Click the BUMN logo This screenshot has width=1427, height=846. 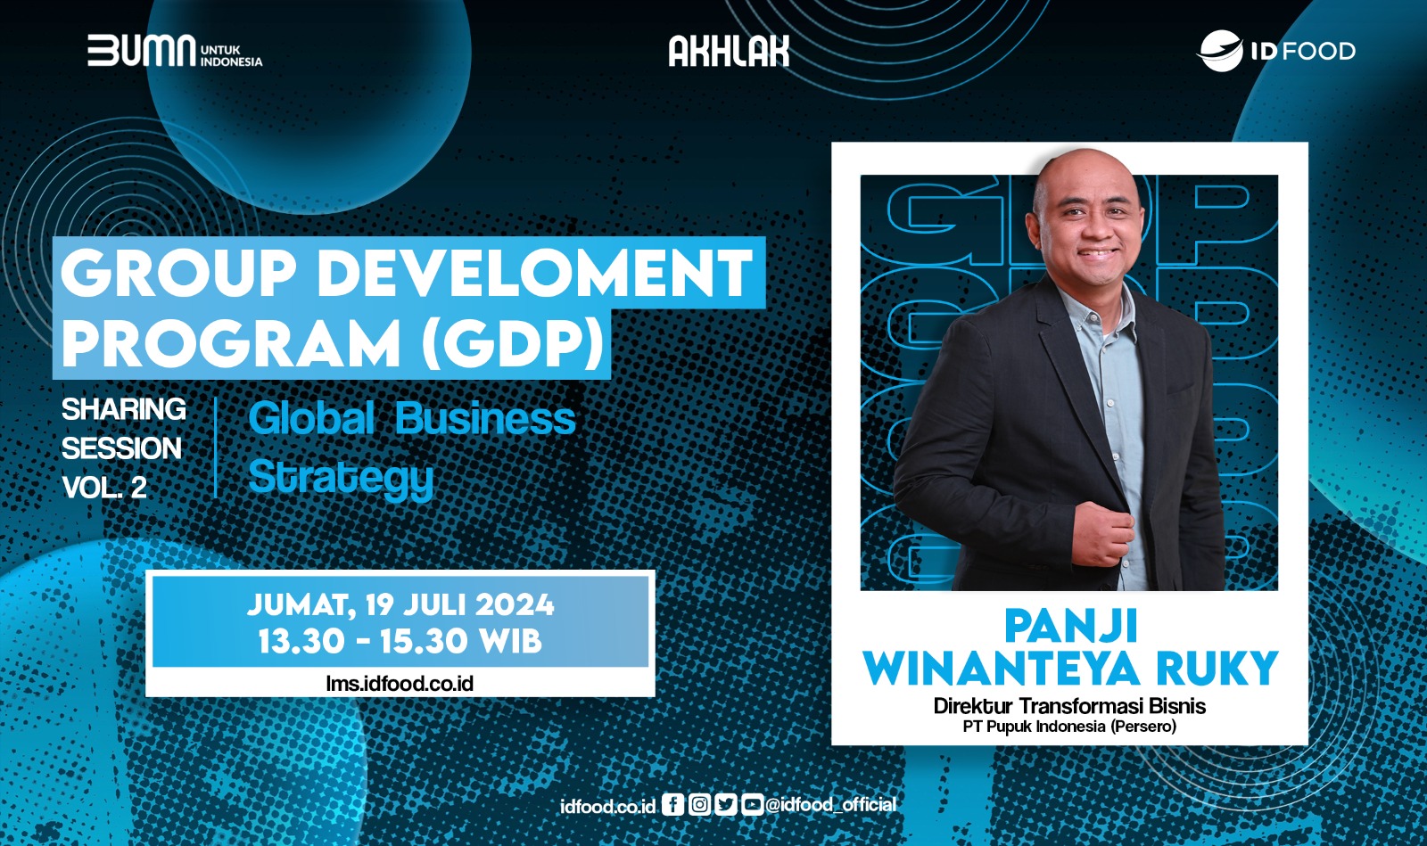[175, 51]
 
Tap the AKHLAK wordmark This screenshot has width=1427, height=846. [729, 51]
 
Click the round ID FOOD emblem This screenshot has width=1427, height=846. [1220, 51]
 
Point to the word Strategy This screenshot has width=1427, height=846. [341, 478]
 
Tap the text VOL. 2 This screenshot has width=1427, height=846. [104, 488]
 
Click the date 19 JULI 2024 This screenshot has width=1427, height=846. [460, 604]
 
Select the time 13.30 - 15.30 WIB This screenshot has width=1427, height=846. [400, 640]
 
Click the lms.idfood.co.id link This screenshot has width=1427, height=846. [400, 684]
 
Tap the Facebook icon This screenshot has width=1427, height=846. [672, 805]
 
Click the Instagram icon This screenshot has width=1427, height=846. [699, 805]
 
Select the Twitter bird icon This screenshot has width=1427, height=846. [726, 805]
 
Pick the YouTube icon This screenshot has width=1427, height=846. [752, 805]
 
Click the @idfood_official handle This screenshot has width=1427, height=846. [830, 805]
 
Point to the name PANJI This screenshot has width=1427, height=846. [1070, 627]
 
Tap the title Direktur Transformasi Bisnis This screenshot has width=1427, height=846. [1069, 706]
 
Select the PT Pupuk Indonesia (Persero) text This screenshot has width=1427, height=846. [1069, 727]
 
